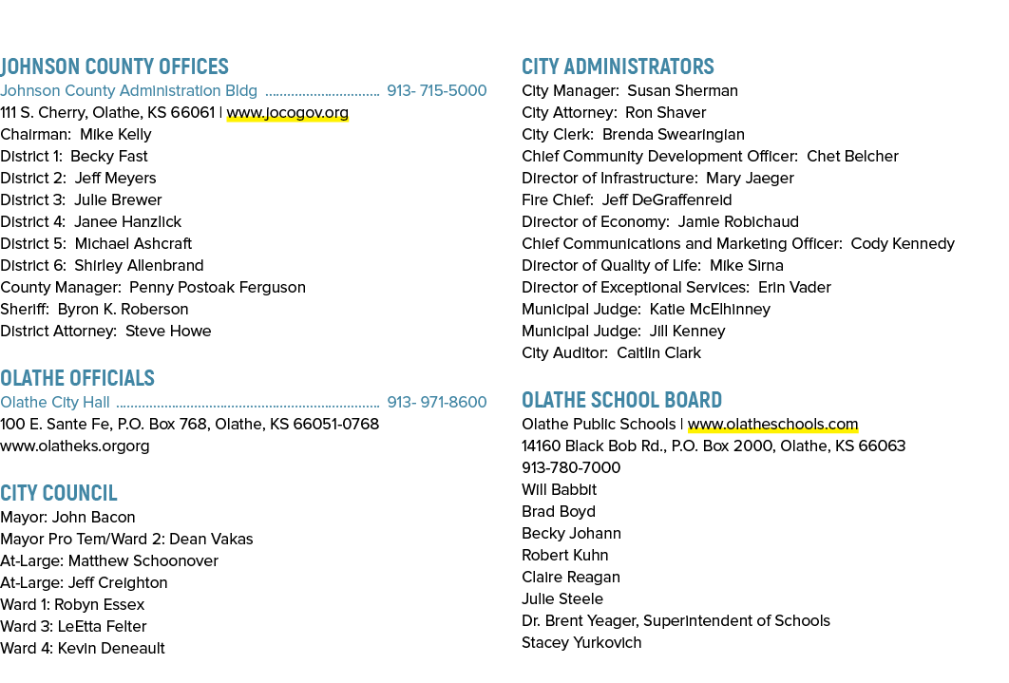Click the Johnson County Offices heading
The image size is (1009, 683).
pos(115,66)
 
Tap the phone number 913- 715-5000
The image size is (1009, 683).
pos(437,90)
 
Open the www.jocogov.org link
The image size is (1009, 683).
pos(288,112)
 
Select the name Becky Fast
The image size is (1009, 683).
pos(108,157)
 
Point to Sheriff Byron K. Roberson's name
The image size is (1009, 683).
pos(123,310)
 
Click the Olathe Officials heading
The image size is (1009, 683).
pos(77,377)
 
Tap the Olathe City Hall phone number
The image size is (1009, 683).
pos(437,402)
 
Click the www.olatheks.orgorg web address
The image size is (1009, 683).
pos(75,446)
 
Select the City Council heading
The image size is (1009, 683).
pos(59,493)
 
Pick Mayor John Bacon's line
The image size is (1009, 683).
pos(67,517)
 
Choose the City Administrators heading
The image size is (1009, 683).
pos(618,66)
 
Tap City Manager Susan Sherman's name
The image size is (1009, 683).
pos(683,90)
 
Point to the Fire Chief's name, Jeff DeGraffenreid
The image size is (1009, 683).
pos(667,200)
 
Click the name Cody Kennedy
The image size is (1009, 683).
pos(903,244)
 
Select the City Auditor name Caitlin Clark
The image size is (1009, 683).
pos(659,353)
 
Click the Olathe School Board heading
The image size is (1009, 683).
pos(621,399)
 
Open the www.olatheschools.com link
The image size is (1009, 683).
pos(772,425)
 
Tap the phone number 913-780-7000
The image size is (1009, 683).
pos(571,467)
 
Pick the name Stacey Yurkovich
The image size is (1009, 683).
pos(581,642)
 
